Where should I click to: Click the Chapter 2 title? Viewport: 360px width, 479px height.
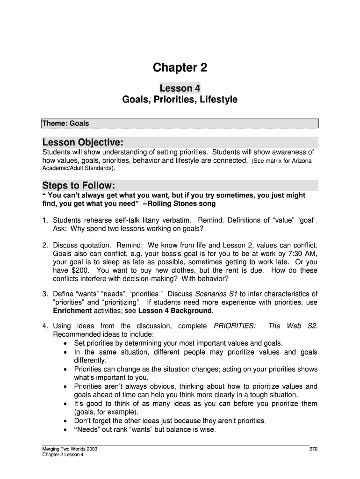(x=180, y=68)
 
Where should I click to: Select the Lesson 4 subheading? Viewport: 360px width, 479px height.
(x=180, y=88)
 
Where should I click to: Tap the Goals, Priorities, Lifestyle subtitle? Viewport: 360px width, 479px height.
(x=180, y=100)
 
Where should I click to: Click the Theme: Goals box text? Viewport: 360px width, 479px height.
(x=65, y=123)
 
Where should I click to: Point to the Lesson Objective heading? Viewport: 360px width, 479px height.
(x=83, y=142)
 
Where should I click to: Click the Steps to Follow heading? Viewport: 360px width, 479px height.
(x=78, y=184)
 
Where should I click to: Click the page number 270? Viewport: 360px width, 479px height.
(x=313, y=450)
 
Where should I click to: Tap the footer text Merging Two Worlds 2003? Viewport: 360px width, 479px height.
(x=70, y=450)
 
